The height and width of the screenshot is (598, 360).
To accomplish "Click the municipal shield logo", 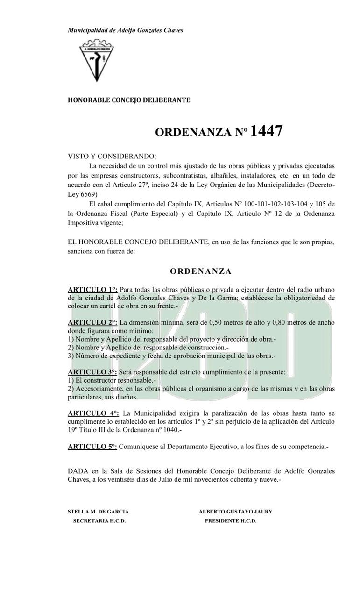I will (97, 60).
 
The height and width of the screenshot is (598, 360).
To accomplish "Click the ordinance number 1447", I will (266, 132).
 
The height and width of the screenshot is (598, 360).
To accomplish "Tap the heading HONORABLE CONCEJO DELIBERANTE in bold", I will (129, 100).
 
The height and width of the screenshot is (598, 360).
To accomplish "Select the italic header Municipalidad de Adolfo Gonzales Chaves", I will (125, 30).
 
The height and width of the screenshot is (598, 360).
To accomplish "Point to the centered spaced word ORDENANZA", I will (200, 271).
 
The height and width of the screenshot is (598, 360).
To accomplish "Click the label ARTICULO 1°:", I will (92, 290).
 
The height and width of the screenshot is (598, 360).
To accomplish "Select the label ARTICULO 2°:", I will (92, 322).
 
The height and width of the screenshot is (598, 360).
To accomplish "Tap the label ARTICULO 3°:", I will (92, 372).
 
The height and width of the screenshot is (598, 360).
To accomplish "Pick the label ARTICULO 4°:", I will (93, 413).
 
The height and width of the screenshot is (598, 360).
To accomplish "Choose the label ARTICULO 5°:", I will (92, 447).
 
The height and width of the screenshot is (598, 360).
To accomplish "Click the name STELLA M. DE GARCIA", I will (98, 512).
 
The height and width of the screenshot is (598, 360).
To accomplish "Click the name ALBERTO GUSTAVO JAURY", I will (235, 512).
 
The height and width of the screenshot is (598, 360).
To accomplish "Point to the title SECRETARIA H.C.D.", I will (99, 521).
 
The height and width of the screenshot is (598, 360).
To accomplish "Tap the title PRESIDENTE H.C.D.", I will (231, 521).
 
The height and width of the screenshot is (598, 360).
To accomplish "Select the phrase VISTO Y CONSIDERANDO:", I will (112, 156).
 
